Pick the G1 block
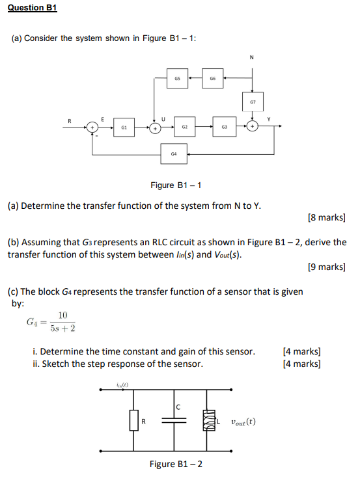pos(124,128)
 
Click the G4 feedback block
pos(173,154)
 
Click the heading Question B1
pos(32,8)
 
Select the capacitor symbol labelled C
pos(174,420)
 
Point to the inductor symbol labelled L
pos(210,421)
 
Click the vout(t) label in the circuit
pos(243,421)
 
